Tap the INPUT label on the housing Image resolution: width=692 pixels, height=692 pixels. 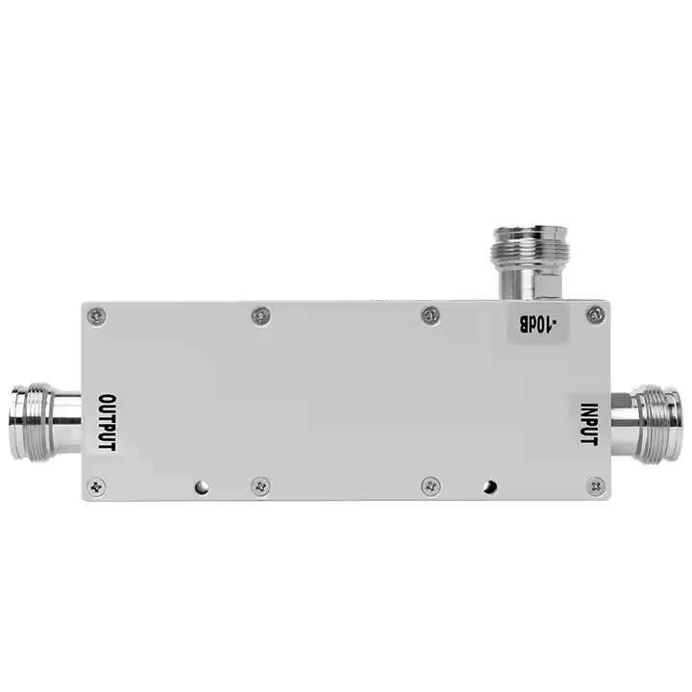588,423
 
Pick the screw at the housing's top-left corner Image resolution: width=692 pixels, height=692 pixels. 95,315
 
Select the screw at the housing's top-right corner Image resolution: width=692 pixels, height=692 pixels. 596,314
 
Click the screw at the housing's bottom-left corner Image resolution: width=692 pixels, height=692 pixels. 95,487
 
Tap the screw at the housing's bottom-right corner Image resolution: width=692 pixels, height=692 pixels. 596,486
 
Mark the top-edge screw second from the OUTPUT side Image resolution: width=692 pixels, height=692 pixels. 259,315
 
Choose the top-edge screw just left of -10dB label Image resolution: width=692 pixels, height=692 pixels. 430,314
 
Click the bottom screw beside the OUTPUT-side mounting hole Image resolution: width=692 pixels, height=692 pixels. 260,486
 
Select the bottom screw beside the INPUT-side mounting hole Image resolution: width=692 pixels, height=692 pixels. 430,486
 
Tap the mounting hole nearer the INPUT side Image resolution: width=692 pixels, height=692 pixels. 490,486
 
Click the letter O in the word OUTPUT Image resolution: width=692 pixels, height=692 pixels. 108,399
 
